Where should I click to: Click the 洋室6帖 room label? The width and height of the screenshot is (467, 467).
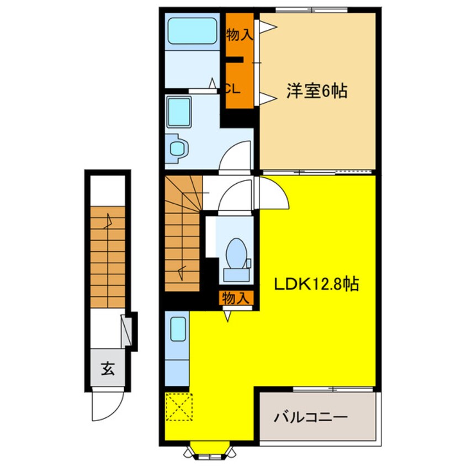[316, 91]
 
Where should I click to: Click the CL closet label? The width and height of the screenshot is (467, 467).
[232, 89]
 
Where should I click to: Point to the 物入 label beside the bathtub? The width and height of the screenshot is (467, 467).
[240, 35]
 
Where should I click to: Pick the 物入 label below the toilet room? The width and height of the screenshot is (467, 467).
[236, 299]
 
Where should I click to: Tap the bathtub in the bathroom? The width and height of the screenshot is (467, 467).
[192, 32]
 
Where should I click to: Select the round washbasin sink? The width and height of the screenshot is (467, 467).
[178, 148]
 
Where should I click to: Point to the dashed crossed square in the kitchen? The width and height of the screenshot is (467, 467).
[178, 407]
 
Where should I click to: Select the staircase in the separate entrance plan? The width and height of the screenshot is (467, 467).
[108, 257]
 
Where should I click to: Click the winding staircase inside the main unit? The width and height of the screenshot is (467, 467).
[182, 232]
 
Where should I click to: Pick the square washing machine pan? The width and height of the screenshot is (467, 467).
[179, 112]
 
